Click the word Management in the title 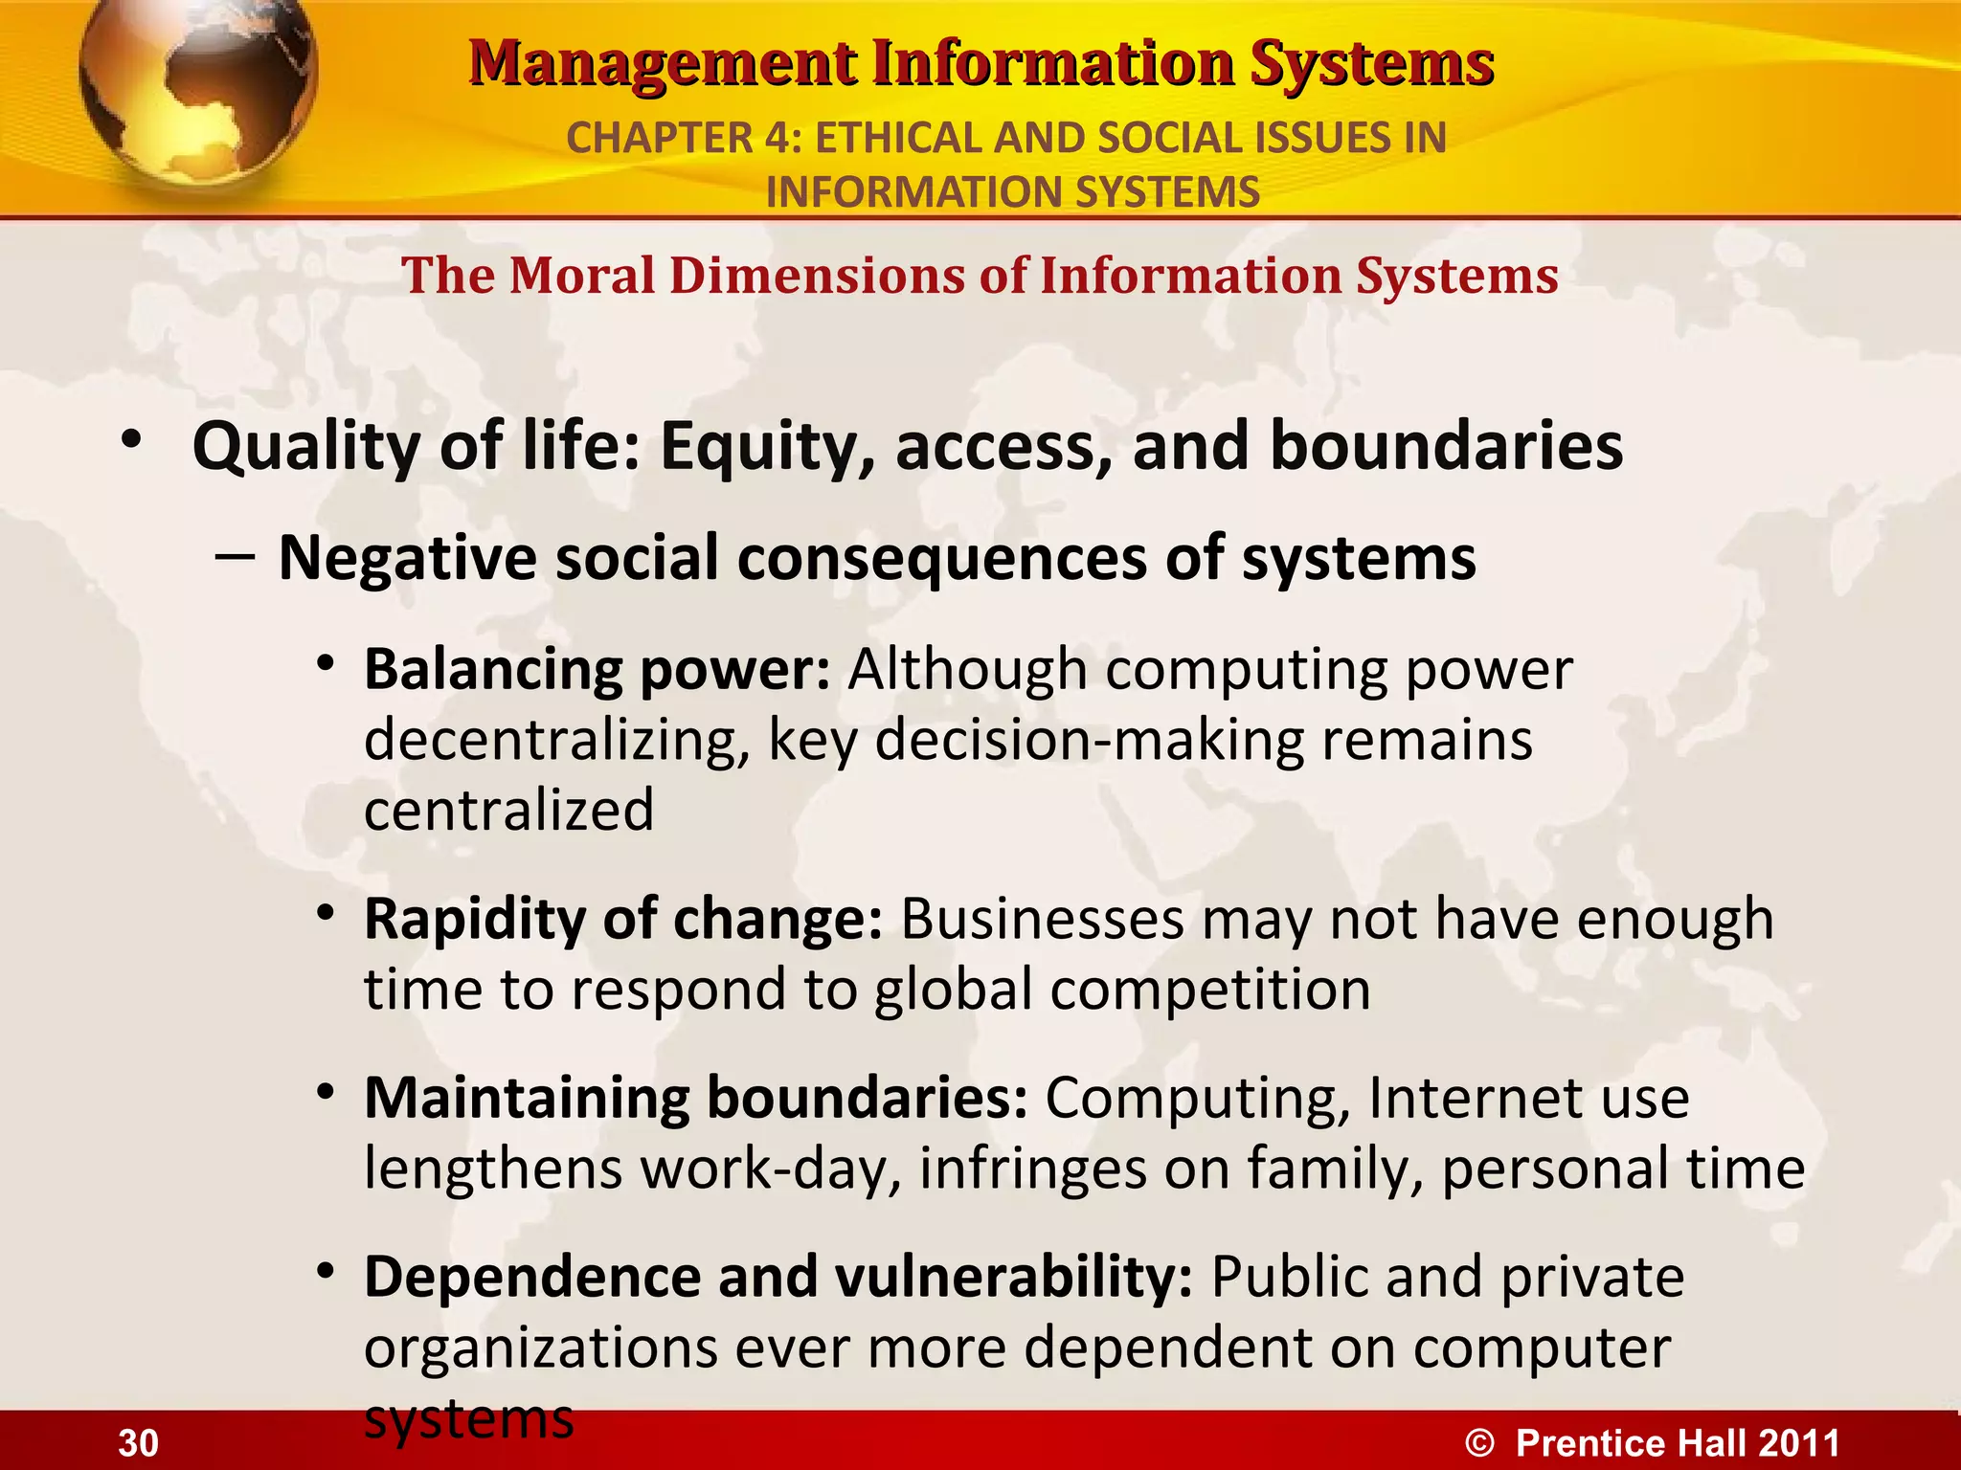662,64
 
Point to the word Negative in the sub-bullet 407,558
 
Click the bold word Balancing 493,669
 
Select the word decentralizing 555,740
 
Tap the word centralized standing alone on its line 508,811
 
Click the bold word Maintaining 526,1098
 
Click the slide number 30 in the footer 138,1443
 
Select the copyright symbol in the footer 1479,1443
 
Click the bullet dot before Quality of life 131,441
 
